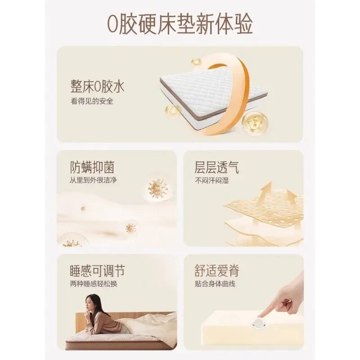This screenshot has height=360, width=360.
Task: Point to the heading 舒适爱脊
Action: point(217,271)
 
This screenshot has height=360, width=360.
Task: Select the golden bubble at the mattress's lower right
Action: point(252,123)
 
